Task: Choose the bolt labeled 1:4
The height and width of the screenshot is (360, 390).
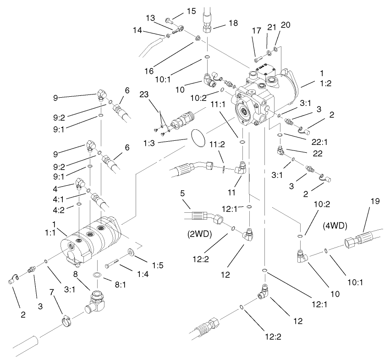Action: [113, 265]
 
